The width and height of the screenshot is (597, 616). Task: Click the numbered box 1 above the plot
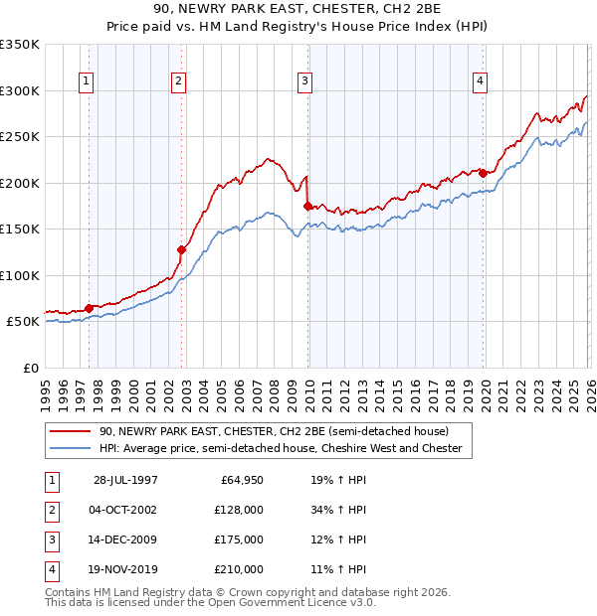88,82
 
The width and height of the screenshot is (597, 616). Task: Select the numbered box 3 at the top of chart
304,82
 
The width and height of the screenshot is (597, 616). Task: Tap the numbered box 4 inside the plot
480,82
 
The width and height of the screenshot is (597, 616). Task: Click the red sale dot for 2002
181,249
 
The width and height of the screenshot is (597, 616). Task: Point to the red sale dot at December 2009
307,206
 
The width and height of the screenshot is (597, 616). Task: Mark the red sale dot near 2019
483,173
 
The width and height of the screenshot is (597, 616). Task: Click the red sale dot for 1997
90,308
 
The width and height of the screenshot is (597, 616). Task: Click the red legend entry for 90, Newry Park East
274,431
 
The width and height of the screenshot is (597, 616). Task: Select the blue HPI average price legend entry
281,449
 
